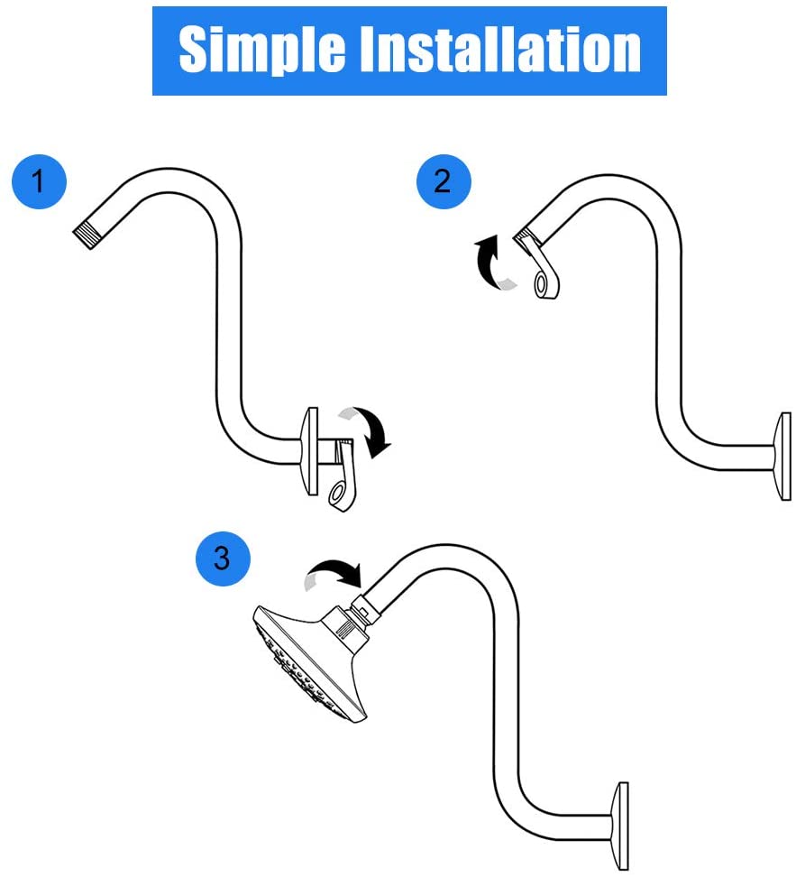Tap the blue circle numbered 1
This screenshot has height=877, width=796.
coord(39,182)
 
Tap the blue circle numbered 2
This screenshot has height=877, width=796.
coord(443,182)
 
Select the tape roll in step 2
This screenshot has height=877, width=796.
coord(547,276)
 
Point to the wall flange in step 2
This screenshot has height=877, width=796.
coord(781,456)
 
